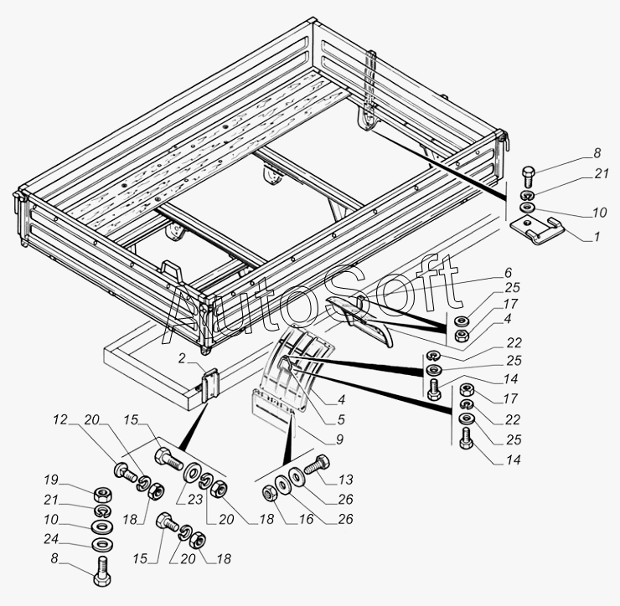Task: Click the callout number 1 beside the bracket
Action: (x=596, y=237)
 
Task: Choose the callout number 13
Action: (x=345, y=480)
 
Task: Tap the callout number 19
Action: (x=51, y=480)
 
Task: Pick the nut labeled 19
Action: (x=100, y=492)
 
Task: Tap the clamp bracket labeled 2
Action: (x=209, y=384)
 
